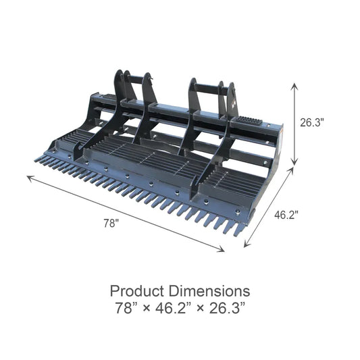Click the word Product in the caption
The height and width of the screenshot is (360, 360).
coord(138,292)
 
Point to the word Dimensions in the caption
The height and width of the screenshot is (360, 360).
coord(209,292)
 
